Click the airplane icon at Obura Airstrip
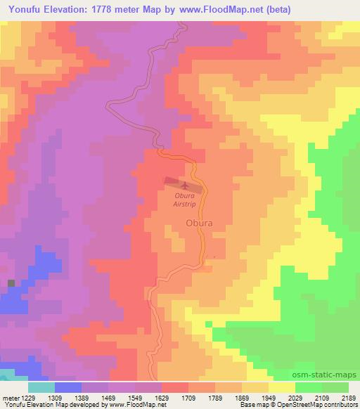pyautogui.click(x=185, y=185)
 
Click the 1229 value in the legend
pyautogui.click(x=29, y=398)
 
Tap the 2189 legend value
pyautogui.click(x=349, y=398)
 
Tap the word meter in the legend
pyautogui.click(x=11, y=398)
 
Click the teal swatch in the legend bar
pyautogui.click(x=41, y=387)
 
